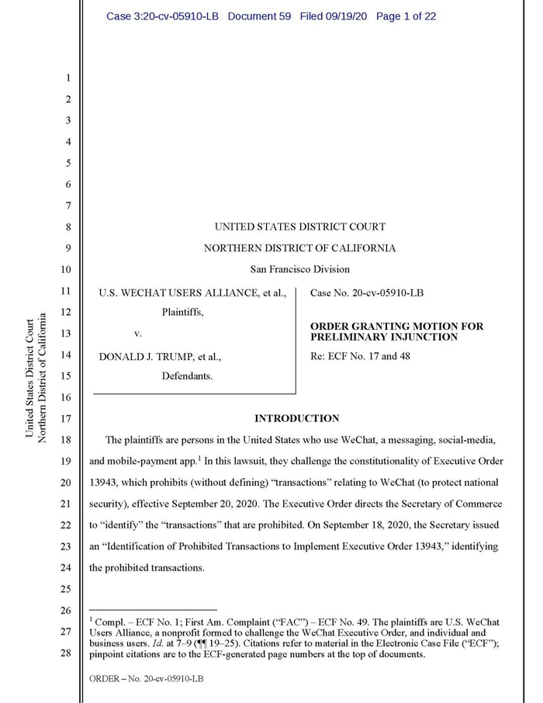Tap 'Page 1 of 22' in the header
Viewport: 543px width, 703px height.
point(406,16)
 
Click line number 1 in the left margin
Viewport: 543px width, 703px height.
point(67,78)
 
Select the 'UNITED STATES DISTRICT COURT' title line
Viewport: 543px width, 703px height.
point(299,227)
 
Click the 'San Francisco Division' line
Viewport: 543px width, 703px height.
point(299,269)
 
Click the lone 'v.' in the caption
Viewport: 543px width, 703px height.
point(138,334)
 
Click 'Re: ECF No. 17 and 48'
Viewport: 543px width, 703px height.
point(360,356)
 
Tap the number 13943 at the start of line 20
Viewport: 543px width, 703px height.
point(105,483)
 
